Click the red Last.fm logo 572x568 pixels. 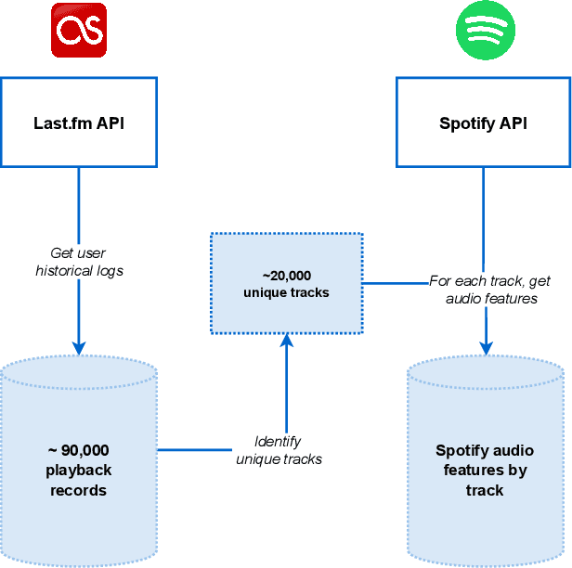coord(79,31)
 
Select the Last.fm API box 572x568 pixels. coord(78,123)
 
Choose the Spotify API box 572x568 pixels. coord(483,123)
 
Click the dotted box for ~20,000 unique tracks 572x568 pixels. coord(286,283)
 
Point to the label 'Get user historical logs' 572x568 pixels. coord(78,262)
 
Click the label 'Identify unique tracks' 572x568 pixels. coord(279,450)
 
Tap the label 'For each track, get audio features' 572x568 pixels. coord(491,289)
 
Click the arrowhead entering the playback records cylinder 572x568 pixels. coord(79,346)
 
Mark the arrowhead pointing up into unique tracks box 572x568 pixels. coord(286,342)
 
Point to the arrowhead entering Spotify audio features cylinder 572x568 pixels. coord(484,346)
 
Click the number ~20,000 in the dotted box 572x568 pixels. coord(286,276)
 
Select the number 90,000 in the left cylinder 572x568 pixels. coord(85,451)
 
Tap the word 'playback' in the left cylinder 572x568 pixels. coord(79,471)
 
